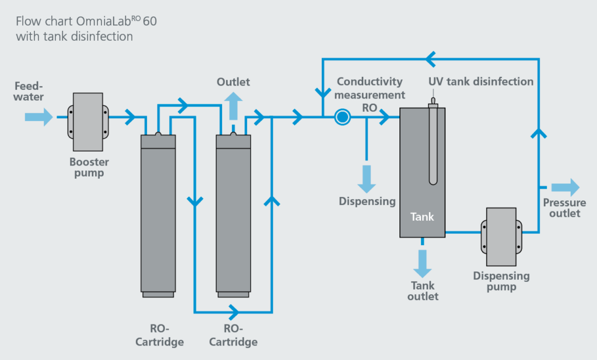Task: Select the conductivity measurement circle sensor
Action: click(x=342, y=118)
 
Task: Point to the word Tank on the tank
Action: click(x=422, y=217)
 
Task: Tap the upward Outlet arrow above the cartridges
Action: click(x=233, y=107)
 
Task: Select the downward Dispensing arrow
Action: click(x=367, y=178)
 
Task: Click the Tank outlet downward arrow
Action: click(x=422, y=263)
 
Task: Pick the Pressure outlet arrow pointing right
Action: click(x=566, y=188)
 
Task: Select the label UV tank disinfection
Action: click(x=481, y=82)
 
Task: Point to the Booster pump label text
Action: click(x=89, y=167)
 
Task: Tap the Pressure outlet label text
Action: click(x=564, y=208)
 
